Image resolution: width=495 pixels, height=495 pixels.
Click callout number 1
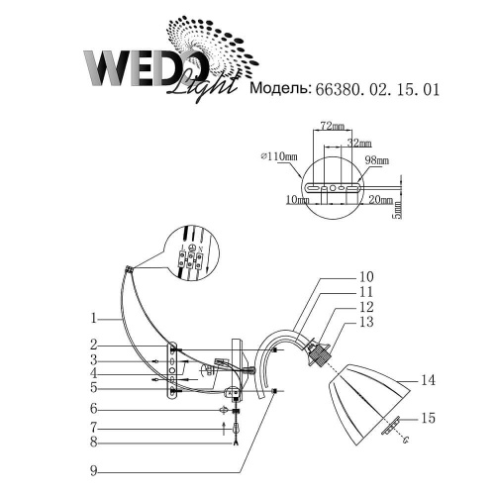[x=91, y=319]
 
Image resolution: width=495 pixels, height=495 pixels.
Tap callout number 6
[x=91, y=409]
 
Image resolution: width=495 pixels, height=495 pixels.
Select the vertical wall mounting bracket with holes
[x=172, y=369]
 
